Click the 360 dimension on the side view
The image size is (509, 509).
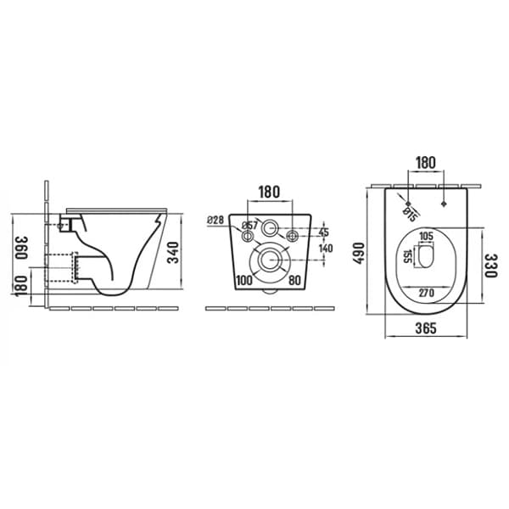click(x=21, y=248)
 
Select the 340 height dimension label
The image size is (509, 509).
click(x=173, y=252)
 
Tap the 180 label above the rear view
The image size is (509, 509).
click(x=269, y=192)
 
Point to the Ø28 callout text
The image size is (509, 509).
click(x=215, y=220)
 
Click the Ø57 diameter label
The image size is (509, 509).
click(x=249, y=225)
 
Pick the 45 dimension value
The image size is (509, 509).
click(x=324, y=232)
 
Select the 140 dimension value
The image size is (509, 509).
click(x=326, y=249)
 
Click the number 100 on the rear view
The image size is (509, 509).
click(x=244, y=280)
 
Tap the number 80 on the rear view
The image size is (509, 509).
click(x=294, y=280)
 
